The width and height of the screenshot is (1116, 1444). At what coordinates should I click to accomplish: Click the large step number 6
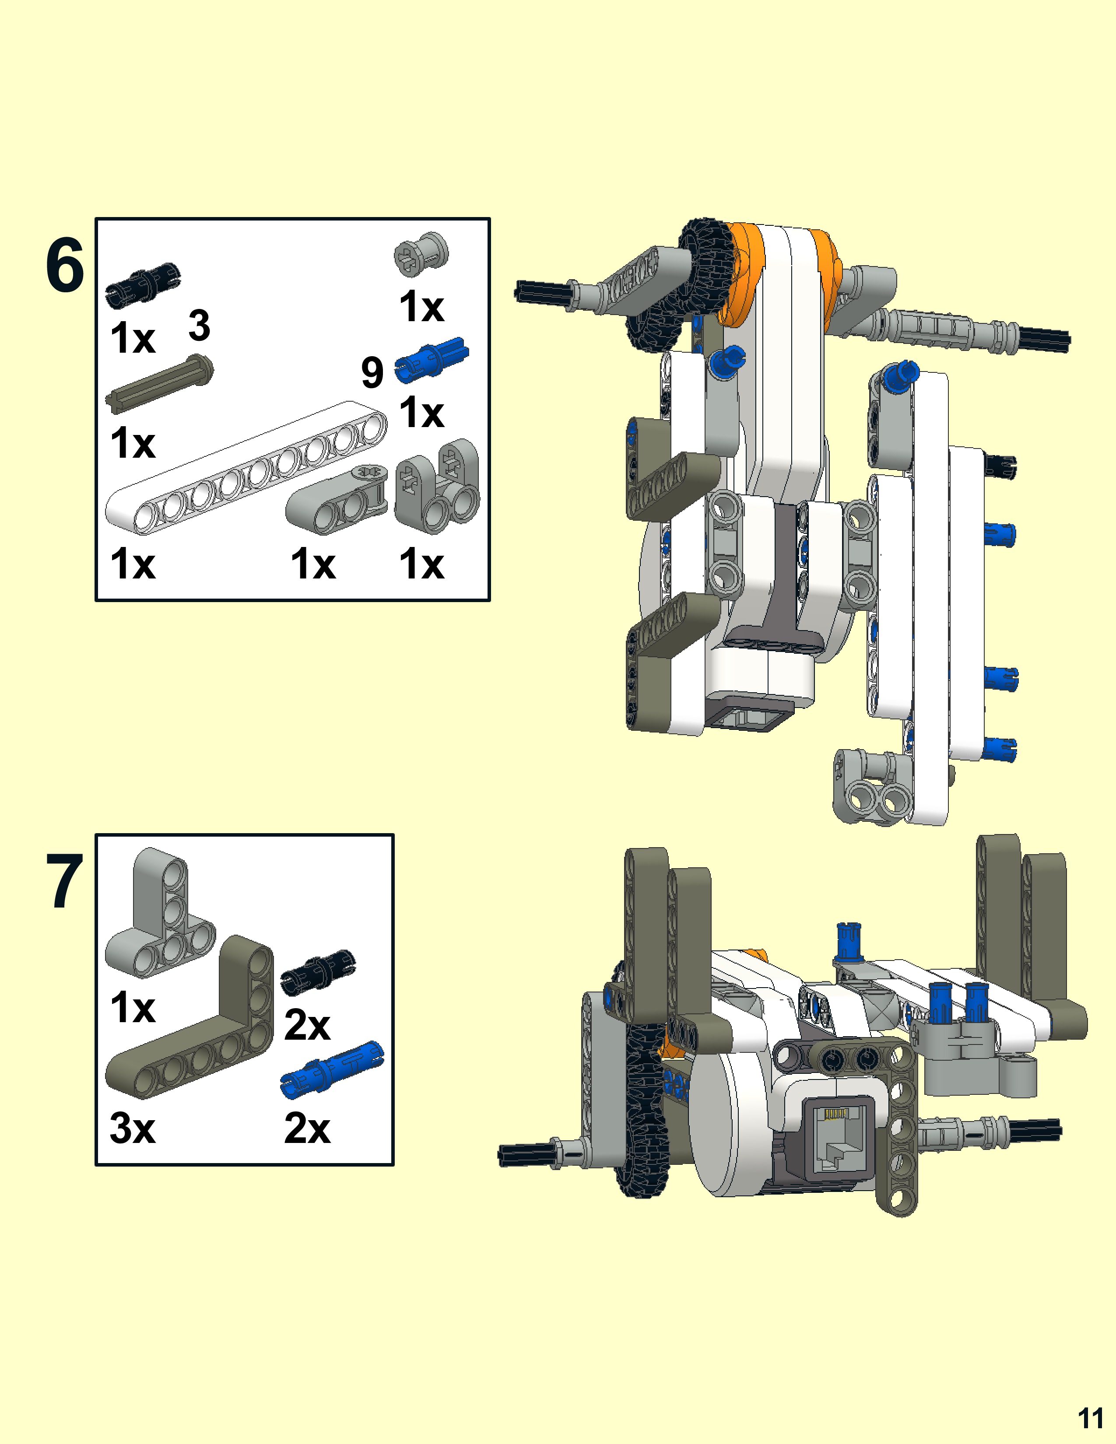coord(65,266)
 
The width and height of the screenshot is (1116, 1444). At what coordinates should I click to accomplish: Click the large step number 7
coord(65,881)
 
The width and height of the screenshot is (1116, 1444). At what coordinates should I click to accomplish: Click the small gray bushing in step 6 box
coord(421,253)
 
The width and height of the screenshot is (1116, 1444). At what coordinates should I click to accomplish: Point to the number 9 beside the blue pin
coord(372,372)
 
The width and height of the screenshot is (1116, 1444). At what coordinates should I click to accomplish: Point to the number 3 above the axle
coord(199,325)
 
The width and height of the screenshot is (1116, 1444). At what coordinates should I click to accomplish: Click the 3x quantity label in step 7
coord(132,1129)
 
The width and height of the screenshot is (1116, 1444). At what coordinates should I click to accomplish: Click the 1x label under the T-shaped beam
coord(132,1008)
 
